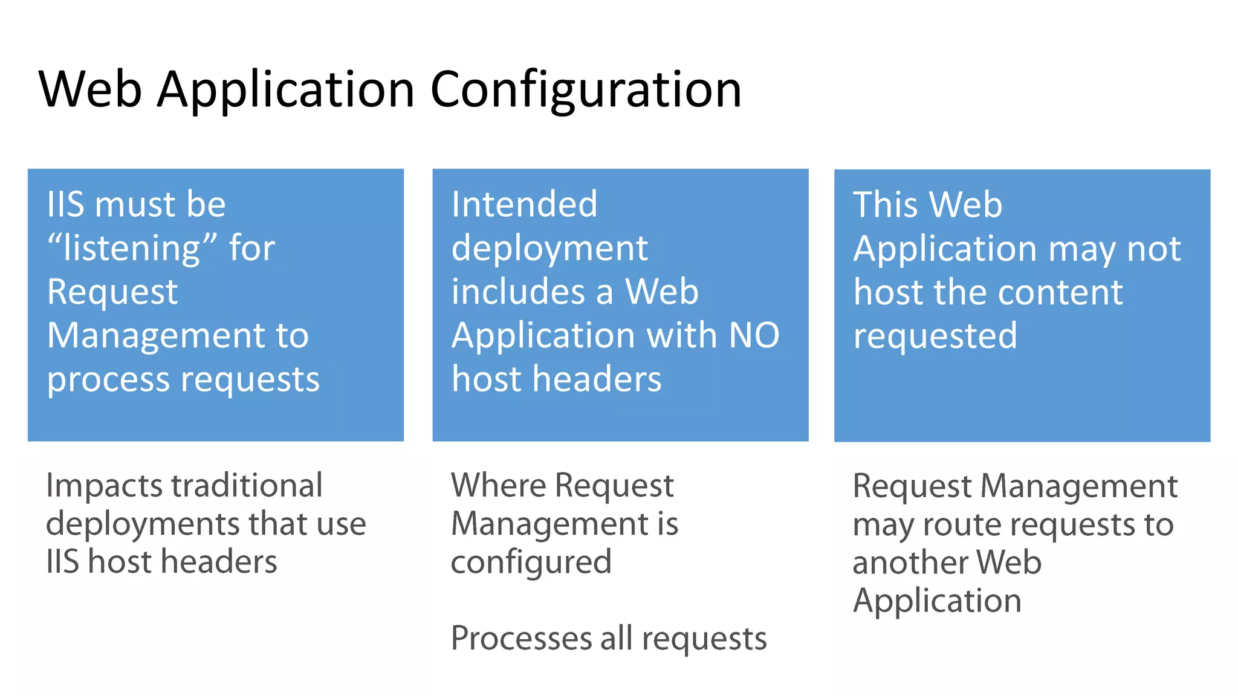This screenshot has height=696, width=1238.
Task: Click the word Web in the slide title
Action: [x=91, y=89]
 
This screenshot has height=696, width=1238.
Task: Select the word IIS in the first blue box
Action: [x=65, y=204]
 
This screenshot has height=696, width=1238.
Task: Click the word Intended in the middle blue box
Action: [x=524, y=204]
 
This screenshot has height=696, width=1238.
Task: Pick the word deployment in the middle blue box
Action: [x=549, y=248]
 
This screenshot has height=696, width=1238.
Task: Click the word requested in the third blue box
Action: [x=935, y=337]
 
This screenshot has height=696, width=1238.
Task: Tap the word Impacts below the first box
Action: [x=104, y=486]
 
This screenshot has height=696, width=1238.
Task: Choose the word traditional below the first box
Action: [x=247, y=486]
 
